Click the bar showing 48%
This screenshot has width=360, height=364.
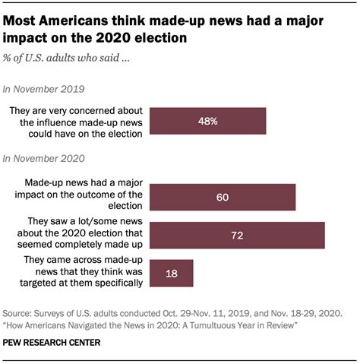(208, 121)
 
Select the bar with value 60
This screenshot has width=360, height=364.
(223, 197)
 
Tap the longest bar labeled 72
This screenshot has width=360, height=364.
(238, 235)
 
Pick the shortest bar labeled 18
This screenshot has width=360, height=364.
(172, 272)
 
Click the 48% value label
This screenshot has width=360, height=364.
(208, 121)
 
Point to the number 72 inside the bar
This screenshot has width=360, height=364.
(238, 235)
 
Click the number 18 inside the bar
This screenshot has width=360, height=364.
(172, 272)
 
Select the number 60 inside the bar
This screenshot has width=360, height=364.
(223, 197)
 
